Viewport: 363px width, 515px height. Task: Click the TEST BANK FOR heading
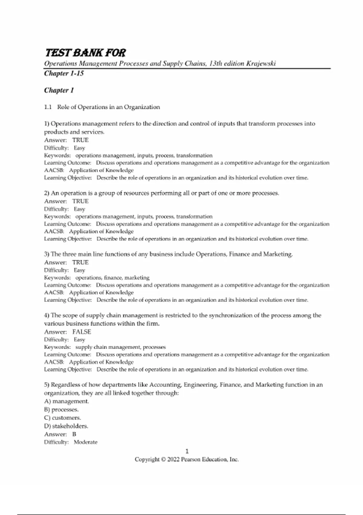[x=85, y=53]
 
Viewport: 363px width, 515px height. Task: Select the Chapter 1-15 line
[x=64, y=73]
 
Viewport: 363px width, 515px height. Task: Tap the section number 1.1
[x=48, y=107]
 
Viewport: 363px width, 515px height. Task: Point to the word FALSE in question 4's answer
[x=82, y=332]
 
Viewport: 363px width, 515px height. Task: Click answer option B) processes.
[x=61, y=410]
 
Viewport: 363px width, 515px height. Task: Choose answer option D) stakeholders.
[x=66, y=426]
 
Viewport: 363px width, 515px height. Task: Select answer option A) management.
[x=67, y=401]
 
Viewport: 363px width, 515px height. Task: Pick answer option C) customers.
[x=63, y=418]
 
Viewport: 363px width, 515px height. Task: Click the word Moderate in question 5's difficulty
[x=86, y=442]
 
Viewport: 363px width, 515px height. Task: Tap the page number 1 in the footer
[x=187, y=451]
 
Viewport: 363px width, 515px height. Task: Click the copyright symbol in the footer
[x=163, y=460]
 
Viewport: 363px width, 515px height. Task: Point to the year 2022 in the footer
[x=173, y=460]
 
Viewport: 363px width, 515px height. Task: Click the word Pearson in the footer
[x=191, y=460]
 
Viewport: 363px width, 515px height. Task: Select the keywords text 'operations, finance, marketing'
[x=112, y=277]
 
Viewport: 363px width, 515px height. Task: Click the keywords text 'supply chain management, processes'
[x=120, y=347]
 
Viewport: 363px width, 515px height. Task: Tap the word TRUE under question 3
[x=80, y=262]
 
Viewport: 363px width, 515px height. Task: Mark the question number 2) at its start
[x=47, y=193]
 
